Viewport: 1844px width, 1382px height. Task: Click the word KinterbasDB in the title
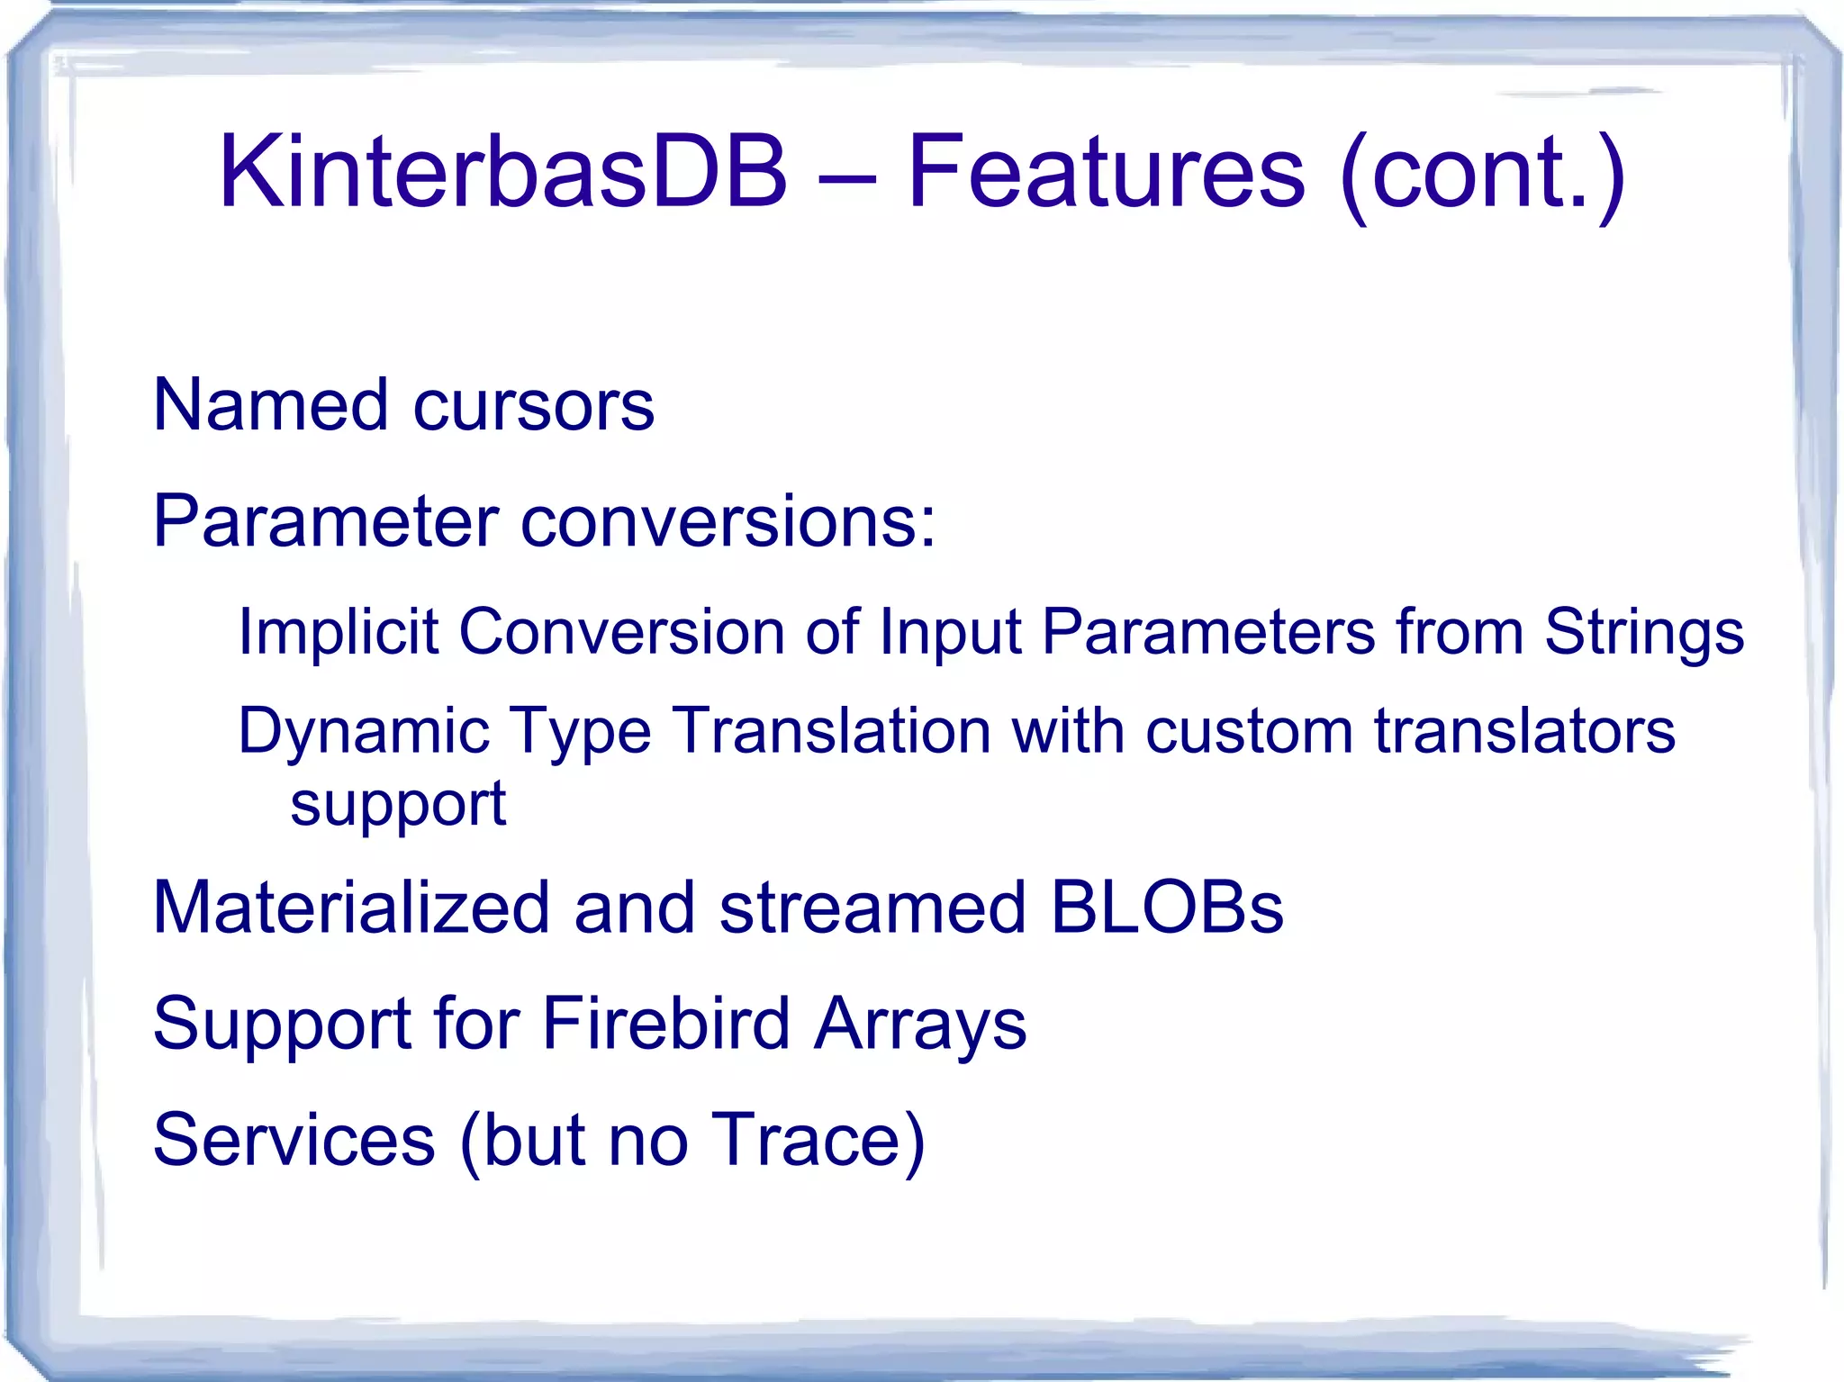pyautogui.click(x=502, y=171)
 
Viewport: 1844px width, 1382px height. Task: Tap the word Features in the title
pyautogui.click(x=1106, y=171)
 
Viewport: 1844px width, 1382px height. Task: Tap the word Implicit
pyautogui.click(x=338, y=633)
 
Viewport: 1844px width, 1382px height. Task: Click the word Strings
pyautogui.click(x=1644, y=633)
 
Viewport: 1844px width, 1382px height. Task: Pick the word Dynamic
pyautogui.click(x=363, y=732)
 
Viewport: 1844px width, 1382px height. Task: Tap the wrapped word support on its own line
pyautogui.click(x=398, y=805)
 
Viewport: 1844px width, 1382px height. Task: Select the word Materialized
pyautogui.click(x=351, y=908)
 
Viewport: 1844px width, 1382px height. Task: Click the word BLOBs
pyautogui.click(x=1166, y=908)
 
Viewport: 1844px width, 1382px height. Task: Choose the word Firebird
pyautogui.click(x=665, y=1024)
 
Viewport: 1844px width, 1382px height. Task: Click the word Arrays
pyautogui.click(x=919, y=1025)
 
